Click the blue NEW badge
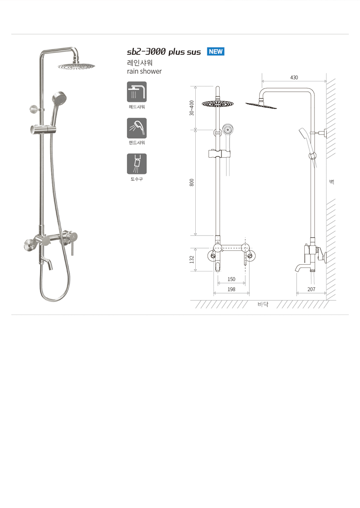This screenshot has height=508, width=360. click(x=216, y=52)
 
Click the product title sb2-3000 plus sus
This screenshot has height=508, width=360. click(x=164, y=52)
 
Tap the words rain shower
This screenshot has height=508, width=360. click(x=144, y=71)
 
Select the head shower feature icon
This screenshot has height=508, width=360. click(x=136, y=92)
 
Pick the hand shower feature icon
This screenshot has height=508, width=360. click(x=136, y=128)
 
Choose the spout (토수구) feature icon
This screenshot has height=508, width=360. click(x=136, y=164)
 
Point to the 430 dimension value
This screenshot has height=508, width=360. click(x=294, y=77)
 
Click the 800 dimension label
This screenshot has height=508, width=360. click(x=192, y=183)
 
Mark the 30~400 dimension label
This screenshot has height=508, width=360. click(x=192, y=108)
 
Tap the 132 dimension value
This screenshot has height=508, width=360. click(x=192, y=259)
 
